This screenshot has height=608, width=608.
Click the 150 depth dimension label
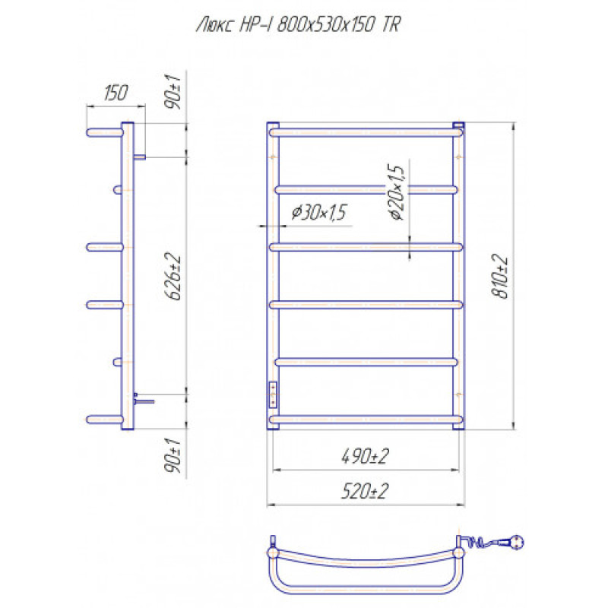click(x=116, y=93)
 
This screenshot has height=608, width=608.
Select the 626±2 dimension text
click(x=173, y=276)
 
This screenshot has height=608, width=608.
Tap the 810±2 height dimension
click(x=500, y=276)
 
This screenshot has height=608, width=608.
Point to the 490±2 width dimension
click(x=365, y=456)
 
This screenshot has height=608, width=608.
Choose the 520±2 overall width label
click(x=365, y=491)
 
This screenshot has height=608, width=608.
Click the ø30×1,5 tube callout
click(x=318, y=212)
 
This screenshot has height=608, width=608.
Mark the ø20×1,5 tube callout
click(x=395, y=192)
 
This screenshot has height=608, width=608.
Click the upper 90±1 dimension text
click(x=173, y=91)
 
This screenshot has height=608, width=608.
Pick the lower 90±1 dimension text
click(x=173, y=455)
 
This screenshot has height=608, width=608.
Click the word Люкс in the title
click(x=216, y=25)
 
